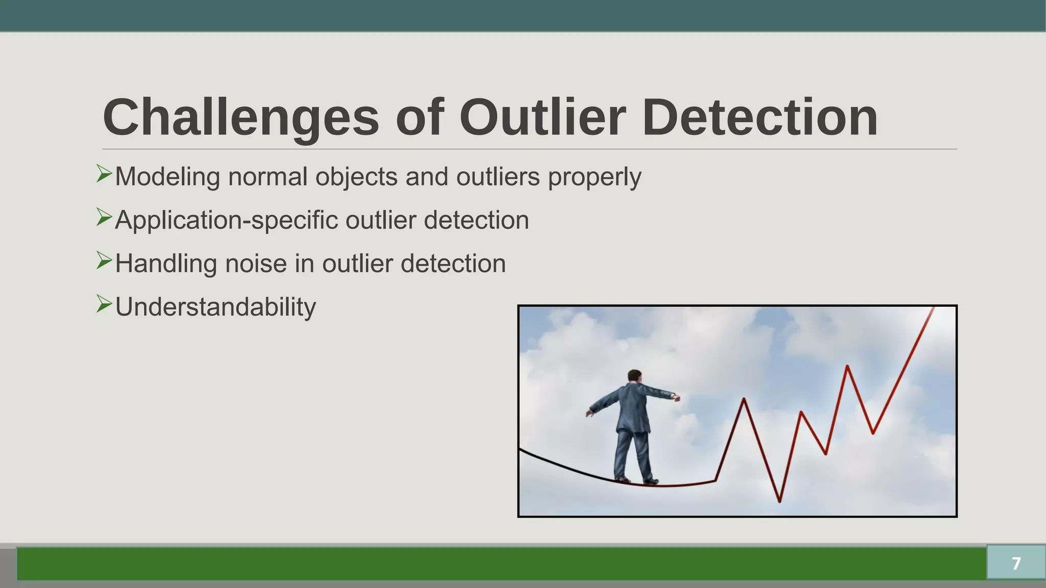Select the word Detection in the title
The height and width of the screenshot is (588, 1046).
click(x=759, y=118)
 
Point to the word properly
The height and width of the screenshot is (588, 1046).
click(x=595, y=177)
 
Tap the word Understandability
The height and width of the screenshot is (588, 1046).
click(x=215, y=307)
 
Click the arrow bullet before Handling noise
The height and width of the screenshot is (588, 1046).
click(x=104, y=261)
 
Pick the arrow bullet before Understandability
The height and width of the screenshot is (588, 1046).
click(x=104, y=304)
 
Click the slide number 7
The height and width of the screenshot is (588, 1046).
click(x=1016, y=563)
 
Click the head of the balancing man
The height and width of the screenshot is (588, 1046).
click(x=634, y=376)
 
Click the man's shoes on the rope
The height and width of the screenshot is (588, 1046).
click(x=637, y=480)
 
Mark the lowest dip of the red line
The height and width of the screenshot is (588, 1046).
click(x=779, y=501)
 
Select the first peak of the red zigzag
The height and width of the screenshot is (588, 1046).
click(x=744, y=399)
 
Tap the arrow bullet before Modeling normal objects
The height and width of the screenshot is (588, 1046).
click(x=104, y=174)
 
